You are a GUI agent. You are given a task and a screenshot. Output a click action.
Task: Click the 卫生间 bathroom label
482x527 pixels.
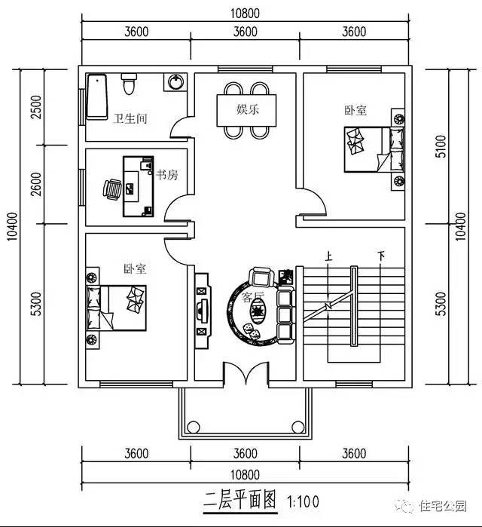point(130,118)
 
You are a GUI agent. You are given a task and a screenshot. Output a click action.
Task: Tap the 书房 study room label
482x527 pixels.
point(166,174)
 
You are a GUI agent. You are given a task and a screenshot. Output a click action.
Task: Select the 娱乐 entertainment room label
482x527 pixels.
point(248,109)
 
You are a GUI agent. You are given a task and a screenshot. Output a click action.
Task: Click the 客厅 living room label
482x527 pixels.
point(254,296)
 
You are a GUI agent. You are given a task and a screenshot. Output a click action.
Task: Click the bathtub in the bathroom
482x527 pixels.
point(96,97)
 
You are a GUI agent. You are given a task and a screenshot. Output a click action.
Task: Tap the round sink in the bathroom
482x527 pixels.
point(177,81)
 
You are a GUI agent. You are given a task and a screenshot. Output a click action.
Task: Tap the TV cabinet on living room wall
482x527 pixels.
point(201,308)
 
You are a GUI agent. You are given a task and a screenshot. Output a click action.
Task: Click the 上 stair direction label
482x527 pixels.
point(328,256)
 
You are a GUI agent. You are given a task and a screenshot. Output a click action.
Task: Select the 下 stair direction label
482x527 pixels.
point(382,256)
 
